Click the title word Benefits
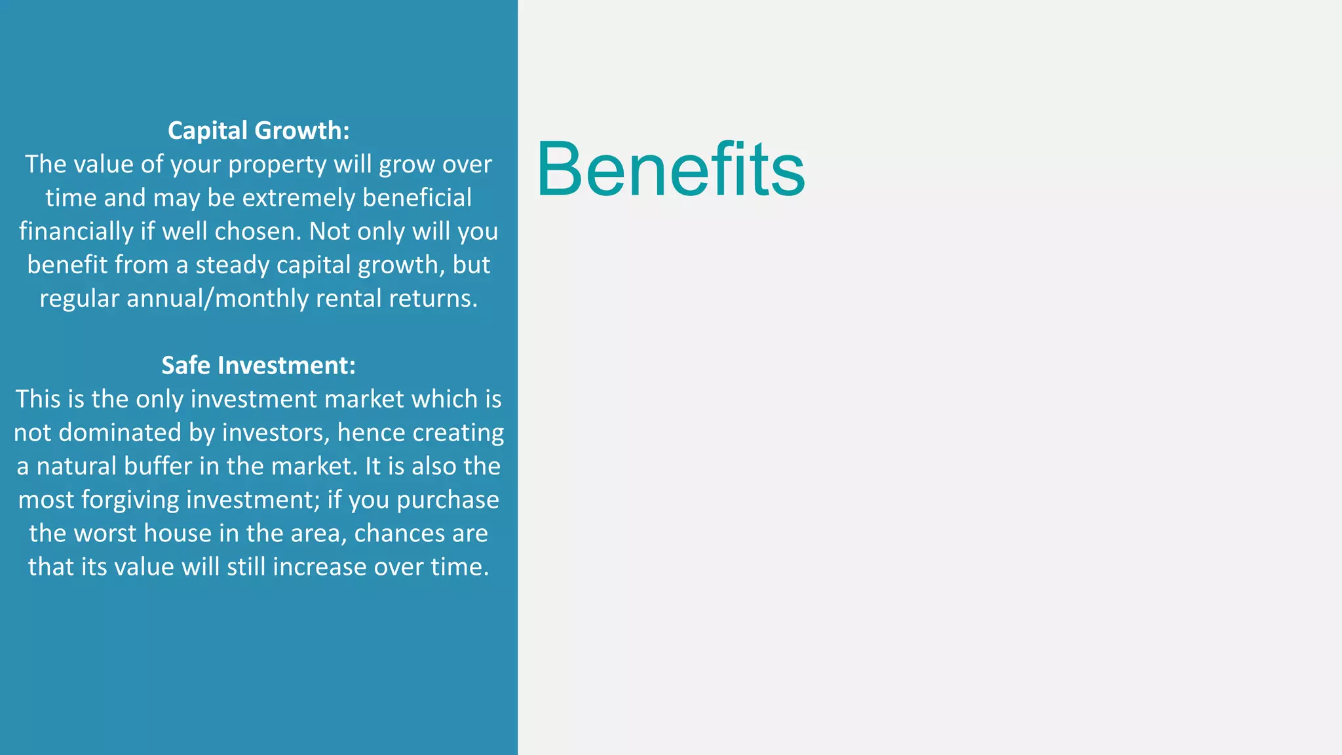[x=670, y=169]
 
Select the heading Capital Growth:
[x=259, y=130]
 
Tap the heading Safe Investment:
[x=259, y=365]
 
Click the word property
[x=277, y=165]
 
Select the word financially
[x=76, y=231]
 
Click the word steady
[x=233, y=265]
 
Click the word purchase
[x=448, y=500]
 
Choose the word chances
[x=396, y=533]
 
